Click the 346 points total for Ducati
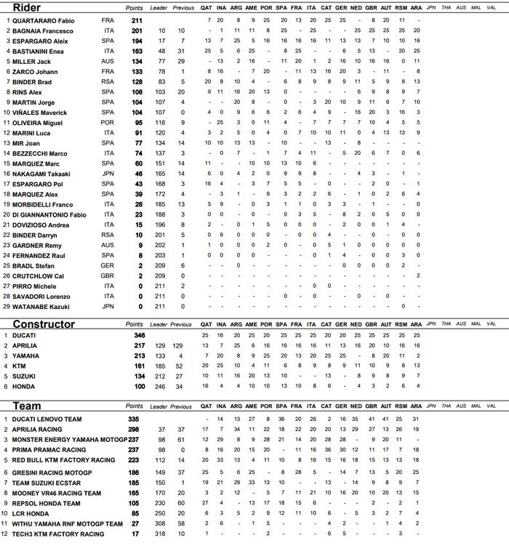coord(138,334)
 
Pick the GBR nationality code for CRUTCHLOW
coord(108,276)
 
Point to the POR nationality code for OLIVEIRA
coord(108,123)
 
